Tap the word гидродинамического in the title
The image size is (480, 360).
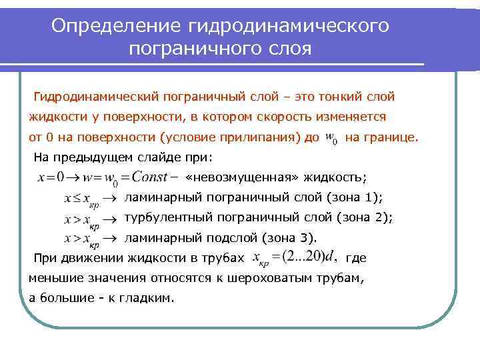(x=289, y=25)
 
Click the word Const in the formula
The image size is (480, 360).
(x=150, y=177)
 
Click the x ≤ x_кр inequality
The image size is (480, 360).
(x=81, y=199)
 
